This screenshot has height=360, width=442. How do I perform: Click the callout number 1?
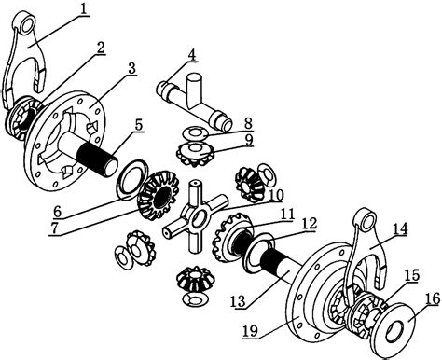pyautogui.click(x=83, y=8)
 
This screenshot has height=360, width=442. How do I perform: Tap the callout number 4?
pyautogui.click(x=192, y=55)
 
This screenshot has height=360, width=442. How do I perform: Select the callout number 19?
pyautogui.click(x=250, y=331)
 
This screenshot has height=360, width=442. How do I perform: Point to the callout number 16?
pyautogui.click(x=434, y=299)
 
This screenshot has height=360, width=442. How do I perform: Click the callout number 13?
pyautogui.click(x=238, y=301)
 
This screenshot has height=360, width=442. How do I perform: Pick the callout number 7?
pyautogui.click(x=54, y=228)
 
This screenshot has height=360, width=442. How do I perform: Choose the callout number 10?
pyautogui.click(x=277, y=196)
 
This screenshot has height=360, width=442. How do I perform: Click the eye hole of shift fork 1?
pyautogui.click(x=28, y=24)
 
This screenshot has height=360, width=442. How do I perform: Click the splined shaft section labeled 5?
pyautogui.click(x=98, y=159)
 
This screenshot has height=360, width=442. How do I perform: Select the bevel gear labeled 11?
pyautogui.click(x=232, y=238)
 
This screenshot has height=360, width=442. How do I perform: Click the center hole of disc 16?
pyautogui.click(x=394, y=330)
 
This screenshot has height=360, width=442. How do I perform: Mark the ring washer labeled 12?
pyautogui.click(x=258, y=251)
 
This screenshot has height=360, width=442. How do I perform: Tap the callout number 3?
pyautogui.click(x=132, y=69)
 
